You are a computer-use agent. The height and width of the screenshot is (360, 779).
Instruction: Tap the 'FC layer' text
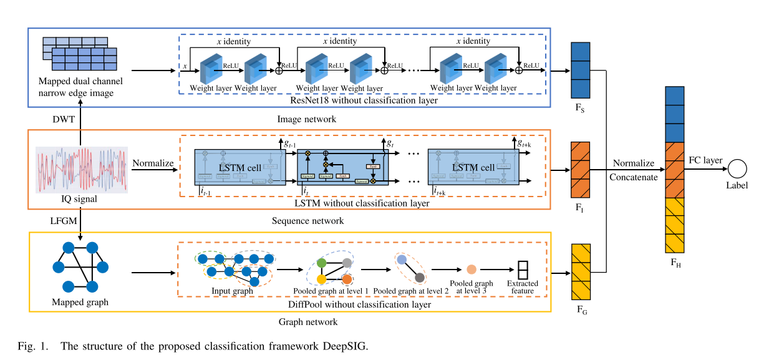(x=705, y=160)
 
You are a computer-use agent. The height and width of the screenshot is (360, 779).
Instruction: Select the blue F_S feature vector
(x=580, y=70)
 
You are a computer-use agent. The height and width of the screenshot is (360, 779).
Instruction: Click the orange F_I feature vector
(x=580, y=169)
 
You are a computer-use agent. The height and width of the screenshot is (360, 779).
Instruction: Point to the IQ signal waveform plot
(x=82, y=169)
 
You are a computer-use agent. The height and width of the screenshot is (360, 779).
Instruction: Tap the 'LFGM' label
(x=63, y=220)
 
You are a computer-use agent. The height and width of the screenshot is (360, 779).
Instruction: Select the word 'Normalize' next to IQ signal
(x=152, y=163)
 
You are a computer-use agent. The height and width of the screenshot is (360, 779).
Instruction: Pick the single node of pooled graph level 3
(x=472, y=270)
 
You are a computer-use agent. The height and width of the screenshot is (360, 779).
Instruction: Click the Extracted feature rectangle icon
(x=522, y=270)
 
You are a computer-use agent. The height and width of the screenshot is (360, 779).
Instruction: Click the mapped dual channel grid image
(x=80, y=54)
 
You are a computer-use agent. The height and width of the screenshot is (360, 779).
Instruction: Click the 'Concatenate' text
(x=633, y=177)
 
